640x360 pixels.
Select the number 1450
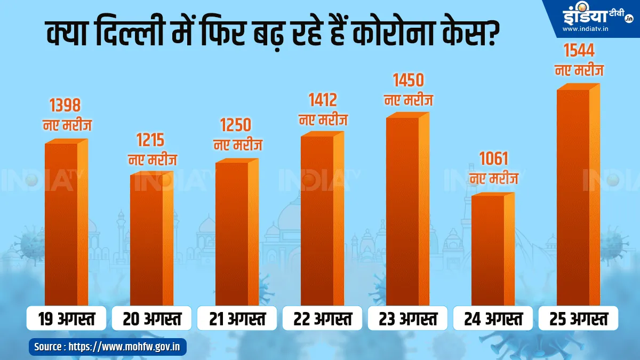click(x=408, y=80)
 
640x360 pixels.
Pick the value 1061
click(x=493, y=159)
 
